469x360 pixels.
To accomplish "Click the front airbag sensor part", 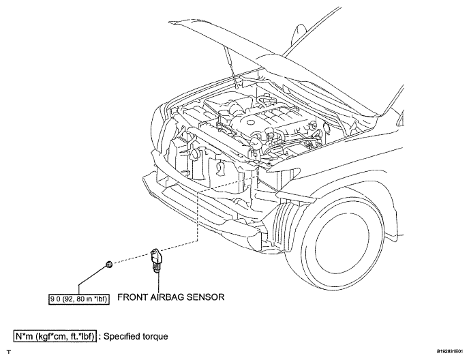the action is (x=157, y=260).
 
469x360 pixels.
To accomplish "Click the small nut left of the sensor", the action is (x=109, y=265).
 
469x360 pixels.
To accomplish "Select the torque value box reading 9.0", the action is (x=78, y=299).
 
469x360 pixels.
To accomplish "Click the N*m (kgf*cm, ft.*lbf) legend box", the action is (x=55, y=336).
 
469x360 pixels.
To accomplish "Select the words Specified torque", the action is (x=136, y=337).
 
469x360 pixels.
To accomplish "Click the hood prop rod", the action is (x=231, y=67).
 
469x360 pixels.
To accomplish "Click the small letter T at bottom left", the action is (x=9, y=352).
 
